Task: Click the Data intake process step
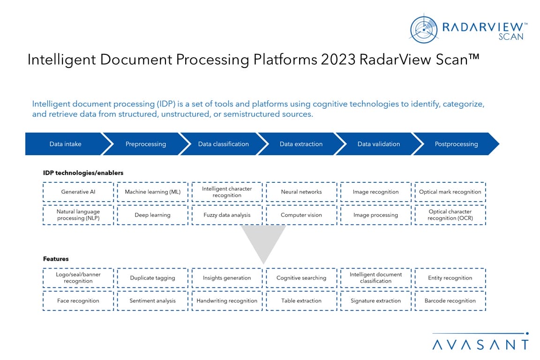pos(65,144)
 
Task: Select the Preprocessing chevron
pos(145,144)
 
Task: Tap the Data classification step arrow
pos(223,144)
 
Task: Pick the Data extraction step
pos(301,144)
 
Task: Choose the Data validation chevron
pos(378,144)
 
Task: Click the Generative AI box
pos(78,192)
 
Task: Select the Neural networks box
pos(301,192)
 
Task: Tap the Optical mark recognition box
pos(450,192)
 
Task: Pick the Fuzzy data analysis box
pos(227,215)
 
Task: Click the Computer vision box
pos(301,215)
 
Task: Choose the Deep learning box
pos(152,215)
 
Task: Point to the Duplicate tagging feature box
pos(152,278)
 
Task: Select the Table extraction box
pos(301,301)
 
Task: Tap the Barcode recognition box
pos(450,301)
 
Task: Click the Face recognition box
pos(78,301)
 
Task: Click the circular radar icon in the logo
pos(424,30)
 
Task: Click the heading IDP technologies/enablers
pos(83,173)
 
